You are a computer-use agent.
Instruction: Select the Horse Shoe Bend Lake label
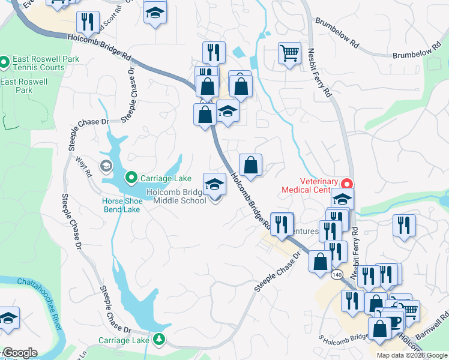point(121,205)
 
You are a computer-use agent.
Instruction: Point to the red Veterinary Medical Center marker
point(346,184)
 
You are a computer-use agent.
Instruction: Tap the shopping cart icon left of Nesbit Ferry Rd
point(289,53)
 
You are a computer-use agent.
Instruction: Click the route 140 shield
point(337,274)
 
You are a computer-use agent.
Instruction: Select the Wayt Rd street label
point(84,167)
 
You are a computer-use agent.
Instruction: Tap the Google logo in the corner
point(19,353)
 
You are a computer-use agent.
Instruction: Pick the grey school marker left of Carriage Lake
point(106,166)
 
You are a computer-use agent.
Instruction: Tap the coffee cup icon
point(394,322)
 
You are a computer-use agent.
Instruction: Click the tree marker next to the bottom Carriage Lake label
point(159,340)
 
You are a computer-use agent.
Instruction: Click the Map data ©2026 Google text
point(411,355)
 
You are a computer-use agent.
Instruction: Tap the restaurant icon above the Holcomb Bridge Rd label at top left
point(88,22)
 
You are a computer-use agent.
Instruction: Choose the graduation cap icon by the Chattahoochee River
point(8,319)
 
